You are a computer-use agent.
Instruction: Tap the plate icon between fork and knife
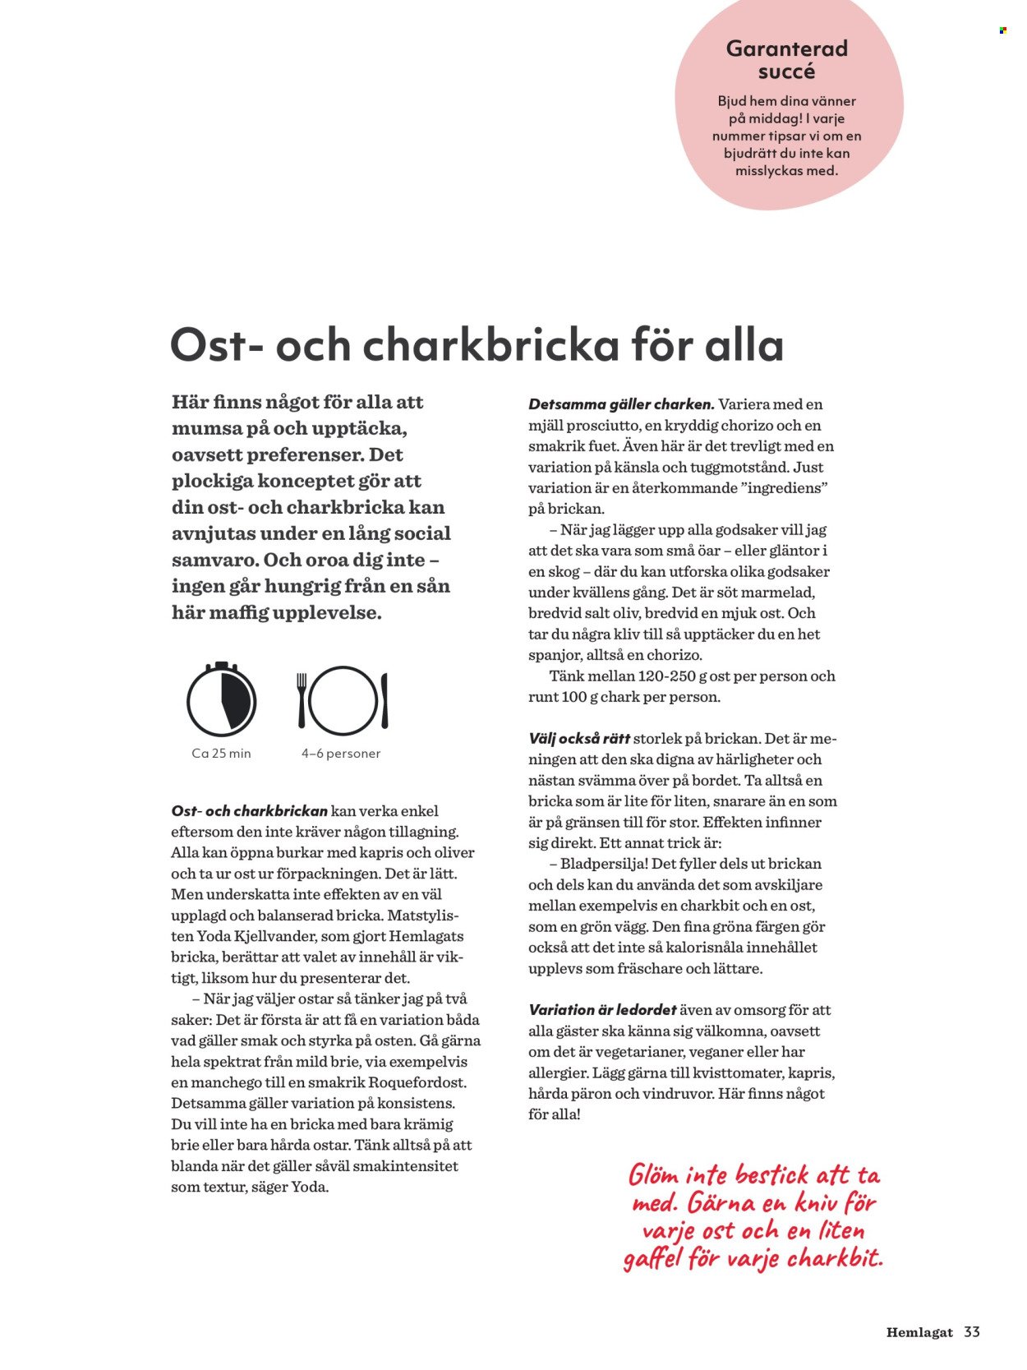(343, 700)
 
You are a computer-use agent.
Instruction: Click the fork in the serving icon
(302, 700)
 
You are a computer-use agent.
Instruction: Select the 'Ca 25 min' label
(221, 754)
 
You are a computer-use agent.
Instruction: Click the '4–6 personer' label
(341, 754)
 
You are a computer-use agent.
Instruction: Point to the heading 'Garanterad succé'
(786, 60)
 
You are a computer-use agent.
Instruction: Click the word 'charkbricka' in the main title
(490, 345)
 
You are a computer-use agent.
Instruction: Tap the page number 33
(972, 1332)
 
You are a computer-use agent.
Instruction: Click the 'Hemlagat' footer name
(919, 1333)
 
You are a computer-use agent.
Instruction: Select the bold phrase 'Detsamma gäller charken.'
(621, 404)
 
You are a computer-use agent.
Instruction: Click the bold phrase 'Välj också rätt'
(579, 738)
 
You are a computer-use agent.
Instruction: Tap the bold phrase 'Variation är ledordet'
(602, 1010)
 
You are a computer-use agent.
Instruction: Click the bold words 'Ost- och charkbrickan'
(249, 811)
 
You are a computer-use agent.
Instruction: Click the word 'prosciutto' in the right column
(603, 426)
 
